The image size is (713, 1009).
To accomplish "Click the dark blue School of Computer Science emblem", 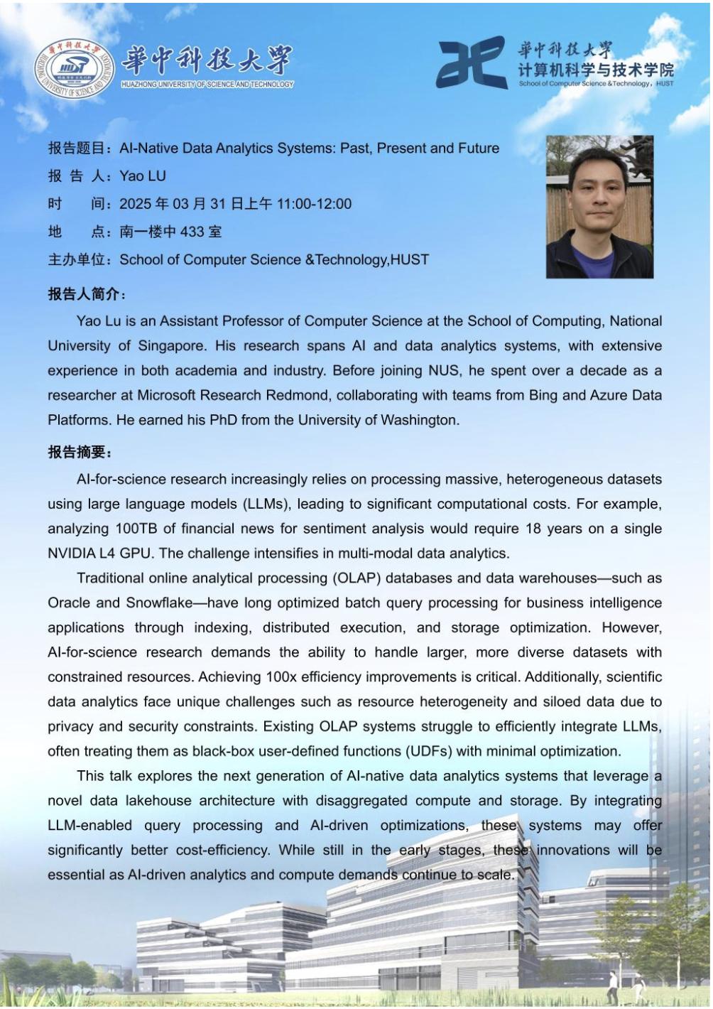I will point(471,63).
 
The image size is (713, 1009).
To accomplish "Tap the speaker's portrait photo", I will point(599,206).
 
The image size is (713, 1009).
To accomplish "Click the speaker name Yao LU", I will point(142,176).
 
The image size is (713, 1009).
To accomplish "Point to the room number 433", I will point(192,232).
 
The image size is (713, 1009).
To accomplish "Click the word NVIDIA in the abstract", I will point(72,554).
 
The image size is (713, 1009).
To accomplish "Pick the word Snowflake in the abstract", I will point(159,603).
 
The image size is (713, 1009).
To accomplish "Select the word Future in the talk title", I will point(478,149).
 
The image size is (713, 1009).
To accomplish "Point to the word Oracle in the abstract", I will point(69,603).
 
